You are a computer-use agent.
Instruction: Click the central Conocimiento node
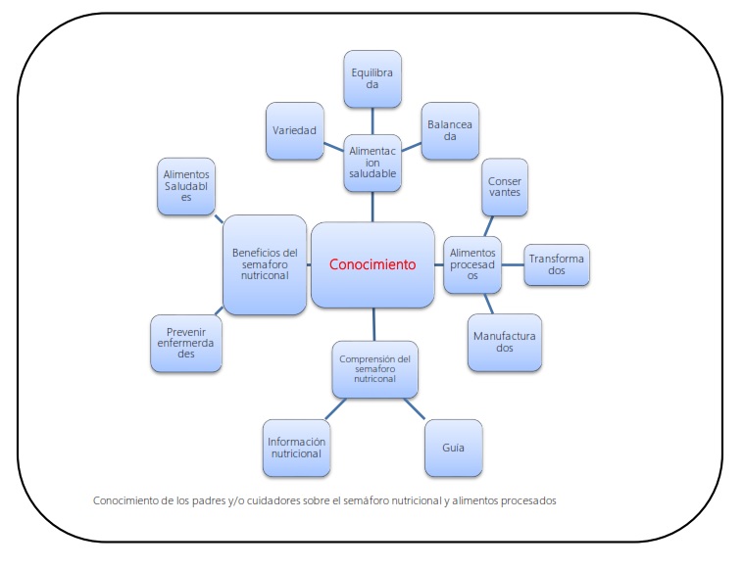click(x=372, y=264)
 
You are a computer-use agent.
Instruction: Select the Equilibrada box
click(x=372, y=78)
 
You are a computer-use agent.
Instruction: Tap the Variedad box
click(x=295, y=130)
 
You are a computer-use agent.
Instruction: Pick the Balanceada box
click(x=450, y=130)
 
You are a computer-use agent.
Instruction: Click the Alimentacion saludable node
click(x=372, y=163)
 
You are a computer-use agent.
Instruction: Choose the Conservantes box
click(x=505, y=186)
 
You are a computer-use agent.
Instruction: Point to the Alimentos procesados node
click(x=473, y=264)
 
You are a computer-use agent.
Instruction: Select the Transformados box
click(x=557, y=264)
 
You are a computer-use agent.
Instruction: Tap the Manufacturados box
click(x=505, y=342)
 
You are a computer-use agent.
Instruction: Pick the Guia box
click(x=452, y=447)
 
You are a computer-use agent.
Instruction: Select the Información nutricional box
click(x=296, y=447)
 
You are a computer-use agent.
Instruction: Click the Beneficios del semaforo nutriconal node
click(x=265, y=264)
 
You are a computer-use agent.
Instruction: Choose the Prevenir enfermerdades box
click(x=186, y=342)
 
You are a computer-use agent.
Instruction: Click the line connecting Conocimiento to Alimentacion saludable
click(x=372, y=207)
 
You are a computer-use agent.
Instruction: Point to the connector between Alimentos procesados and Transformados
click(x=513, y=264)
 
